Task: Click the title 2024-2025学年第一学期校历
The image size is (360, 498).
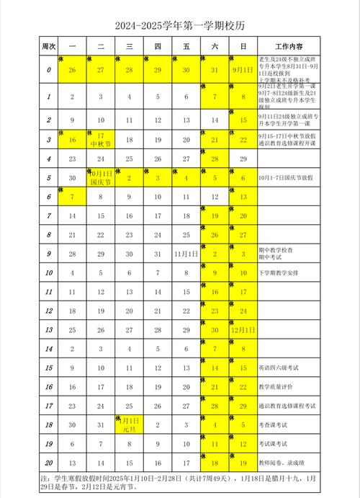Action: pyautogui.click(x=179, y=26)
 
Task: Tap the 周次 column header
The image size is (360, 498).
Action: pyautogui.click(x=48, y=46)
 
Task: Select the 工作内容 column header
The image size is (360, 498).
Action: pyautogui.click(x=287, y=46)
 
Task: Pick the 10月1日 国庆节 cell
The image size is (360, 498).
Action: pyautogui.click(x=100, y=177)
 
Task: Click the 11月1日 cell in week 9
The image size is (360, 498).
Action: pyautogui.click(x=186, y=254)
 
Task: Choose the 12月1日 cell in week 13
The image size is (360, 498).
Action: pyautogui.click(x=243, y=330)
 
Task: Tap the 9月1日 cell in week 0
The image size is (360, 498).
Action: pyautogui.click(x=243, y=70)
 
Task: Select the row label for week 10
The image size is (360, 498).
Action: pyautogui.click(x=48, y=273)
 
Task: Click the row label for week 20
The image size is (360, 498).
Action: pyautogui.click(x=48, y=462)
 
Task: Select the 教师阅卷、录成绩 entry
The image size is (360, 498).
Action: pyautogui.click(x=284, y=462)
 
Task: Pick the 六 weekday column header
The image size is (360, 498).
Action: pyautogui.click(x=215, y=46)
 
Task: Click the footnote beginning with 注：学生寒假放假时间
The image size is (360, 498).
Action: pyautogui.click(x=179, y=481)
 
